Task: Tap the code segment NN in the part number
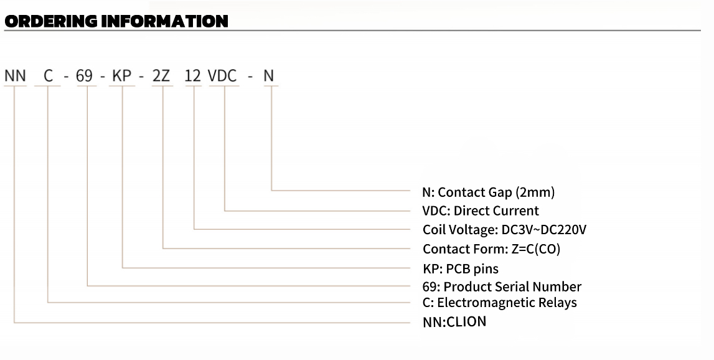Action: click(x=15, y=76)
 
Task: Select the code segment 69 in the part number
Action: click(x=84, y=76)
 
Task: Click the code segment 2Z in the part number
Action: click(x=161, y=76)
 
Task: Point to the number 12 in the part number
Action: click(x=193, y=76)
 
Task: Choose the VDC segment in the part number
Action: click(x=222, y=76)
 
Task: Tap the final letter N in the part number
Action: click(x=268, y=76)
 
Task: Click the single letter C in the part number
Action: click(x=48, y=76)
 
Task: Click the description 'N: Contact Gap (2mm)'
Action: click(x=488, y=192)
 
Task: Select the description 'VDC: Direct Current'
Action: click(x=481, y=211)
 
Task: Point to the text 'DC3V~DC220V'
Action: click(x=543, y=230)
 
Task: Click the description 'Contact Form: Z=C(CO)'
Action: click(x=492, y=249)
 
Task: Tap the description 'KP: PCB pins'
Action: click(x=461, y=268)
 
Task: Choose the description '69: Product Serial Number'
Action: click(x=502, y=287)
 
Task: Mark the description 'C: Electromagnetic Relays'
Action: click(x=499, y=303)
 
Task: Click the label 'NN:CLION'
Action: click(x=454, y=322)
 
